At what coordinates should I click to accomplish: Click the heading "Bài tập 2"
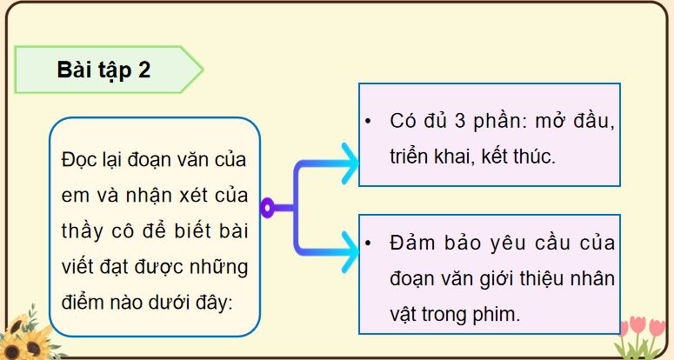tap(103, 70)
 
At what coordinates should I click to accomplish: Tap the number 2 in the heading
tap(144, 70)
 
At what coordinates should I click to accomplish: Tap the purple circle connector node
tap(268, 207)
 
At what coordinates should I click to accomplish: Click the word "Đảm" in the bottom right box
tap(413, 243)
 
